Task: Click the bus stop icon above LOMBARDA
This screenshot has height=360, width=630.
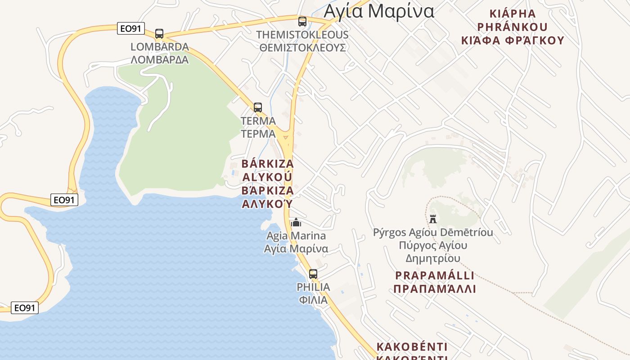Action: click(159, 33)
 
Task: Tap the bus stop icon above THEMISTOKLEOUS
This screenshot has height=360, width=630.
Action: click(302, 21)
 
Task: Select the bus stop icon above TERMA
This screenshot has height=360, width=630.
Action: click(257, 108)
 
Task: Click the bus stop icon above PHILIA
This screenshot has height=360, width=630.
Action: click(313, 274)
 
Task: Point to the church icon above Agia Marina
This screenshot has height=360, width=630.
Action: click(296, 222)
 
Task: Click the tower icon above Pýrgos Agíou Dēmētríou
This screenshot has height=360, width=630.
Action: click(433, 219)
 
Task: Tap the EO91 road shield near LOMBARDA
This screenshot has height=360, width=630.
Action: click(130, 29)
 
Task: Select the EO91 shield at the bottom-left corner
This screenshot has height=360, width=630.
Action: click(25, 308)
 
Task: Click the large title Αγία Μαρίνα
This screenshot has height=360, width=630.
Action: click(379, 11)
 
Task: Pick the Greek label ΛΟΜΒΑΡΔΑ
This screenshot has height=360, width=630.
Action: click(160, 59)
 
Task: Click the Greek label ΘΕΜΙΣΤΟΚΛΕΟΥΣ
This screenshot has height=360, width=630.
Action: click(302, 47)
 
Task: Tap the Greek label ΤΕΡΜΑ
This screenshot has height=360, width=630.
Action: click(258, 134)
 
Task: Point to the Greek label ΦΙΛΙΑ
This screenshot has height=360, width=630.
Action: click(313, 300)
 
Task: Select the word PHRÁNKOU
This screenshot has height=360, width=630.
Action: click(512, 27)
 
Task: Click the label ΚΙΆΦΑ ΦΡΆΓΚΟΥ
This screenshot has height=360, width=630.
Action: click(513, 40)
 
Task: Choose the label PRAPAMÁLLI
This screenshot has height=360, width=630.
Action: click(435, 275)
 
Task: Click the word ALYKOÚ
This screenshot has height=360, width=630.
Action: click(268, 176)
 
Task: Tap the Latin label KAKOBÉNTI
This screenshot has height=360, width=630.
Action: click(412, 347)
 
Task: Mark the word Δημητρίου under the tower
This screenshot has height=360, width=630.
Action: click(433, 258)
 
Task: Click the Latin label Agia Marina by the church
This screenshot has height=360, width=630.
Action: click(296, 236)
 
